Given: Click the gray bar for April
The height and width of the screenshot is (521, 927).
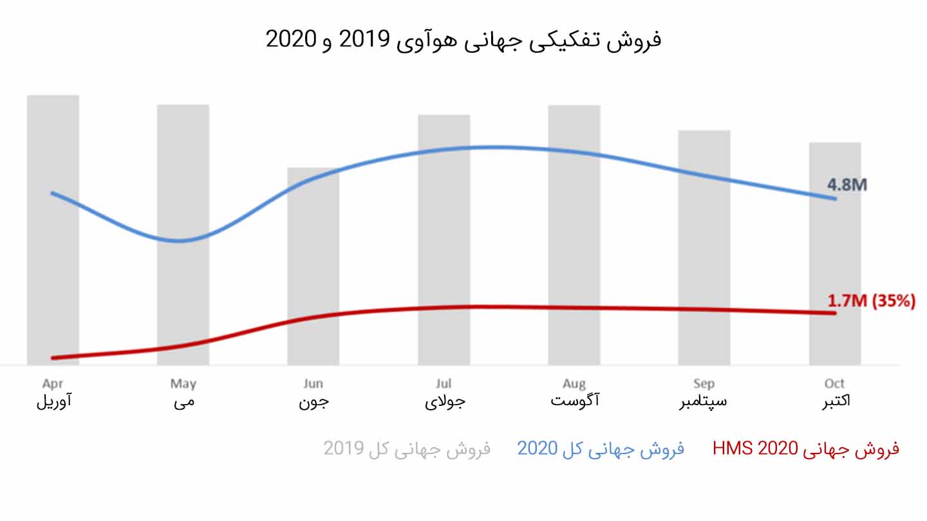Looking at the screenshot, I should [53, 270].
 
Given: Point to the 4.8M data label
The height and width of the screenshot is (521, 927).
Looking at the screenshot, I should [847, 185].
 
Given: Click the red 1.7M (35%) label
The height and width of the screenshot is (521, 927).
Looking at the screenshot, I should [871, 301].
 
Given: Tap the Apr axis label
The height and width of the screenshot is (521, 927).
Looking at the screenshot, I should [53, 384].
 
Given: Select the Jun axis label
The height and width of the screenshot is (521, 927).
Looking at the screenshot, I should [313, 384].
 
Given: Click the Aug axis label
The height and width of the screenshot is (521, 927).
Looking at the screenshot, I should [574, 384].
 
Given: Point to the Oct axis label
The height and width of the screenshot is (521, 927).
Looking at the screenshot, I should [835, 384].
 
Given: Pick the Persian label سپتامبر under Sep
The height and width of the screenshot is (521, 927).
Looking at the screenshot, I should [704, 401].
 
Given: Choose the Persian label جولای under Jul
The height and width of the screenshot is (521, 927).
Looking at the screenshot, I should [444, 402].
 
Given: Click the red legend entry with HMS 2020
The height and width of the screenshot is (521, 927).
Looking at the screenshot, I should [805, 448].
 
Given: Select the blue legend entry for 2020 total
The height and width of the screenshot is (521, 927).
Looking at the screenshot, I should [600, 448].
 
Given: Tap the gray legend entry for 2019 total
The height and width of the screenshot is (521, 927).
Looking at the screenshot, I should [407, 448].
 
